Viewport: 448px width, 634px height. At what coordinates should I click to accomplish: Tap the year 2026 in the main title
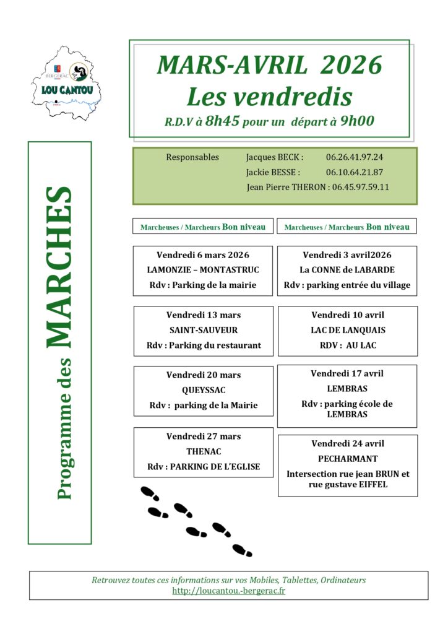353,64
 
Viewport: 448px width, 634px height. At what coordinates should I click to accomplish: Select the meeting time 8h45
222,121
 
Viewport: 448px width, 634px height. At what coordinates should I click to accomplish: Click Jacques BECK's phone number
355,157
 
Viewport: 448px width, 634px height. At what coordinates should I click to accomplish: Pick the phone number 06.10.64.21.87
355,172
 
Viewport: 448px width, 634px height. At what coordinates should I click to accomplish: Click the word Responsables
192,157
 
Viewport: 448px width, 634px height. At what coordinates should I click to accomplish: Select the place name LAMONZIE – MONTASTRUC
203,270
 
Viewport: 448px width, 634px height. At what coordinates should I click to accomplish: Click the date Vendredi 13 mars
203,315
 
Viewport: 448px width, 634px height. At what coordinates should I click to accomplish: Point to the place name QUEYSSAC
203,390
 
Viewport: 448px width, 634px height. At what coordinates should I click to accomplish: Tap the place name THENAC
204,451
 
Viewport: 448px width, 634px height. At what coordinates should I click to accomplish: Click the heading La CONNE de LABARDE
347,270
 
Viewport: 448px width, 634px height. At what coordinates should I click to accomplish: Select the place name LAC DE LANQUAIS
347,330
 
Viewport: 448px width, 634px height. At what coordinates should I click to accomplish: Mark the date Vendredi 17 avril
347,374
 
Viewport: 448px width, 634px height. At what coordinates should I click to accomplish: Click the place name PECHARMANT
347,459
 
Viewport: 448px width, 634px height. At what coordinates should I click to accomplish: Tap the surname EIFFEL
371,484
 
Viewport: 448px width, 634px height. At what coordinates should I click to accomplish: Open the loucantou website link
228,591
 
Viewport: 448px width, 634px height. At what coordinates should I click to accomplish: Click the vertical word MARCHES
59,266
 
